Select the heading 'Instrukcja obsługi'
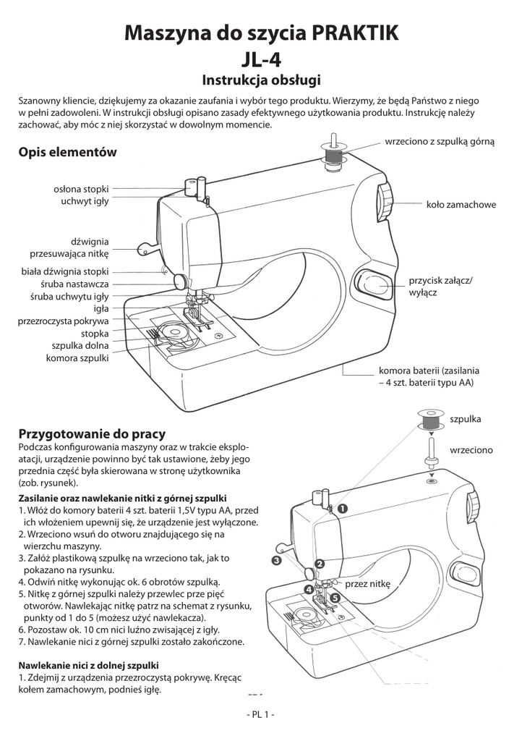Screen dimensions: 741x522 tap(260, 79)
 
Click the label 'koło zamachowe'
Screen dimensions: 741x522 tap(461, 205)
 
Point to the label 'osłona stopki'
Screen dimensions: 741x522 tap(81, 189)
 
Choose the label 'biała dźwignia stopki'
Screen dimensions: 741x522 tap(65, 272)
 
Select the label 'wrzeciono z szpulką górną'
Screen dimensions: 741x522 tap(440, 142)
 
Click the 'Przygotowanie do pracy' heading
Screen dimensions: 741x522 tap(92, 434)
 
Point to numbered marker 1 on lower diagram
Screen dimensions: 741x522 tap(341, 509)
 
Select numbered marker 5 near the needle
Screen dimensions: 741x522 tap(335, 598)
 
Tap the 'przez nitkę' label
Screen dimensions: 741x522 tap(367, 583)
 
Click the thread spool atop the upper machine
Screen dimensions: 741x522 tap(333, 156)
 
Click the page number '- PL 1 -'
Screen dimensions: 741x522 tap(260, 715)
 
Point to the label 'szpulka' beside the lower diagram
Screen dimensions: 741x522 tap(465, 419)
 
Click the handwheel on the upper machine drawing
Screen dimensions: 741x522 tap(384, 203)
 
